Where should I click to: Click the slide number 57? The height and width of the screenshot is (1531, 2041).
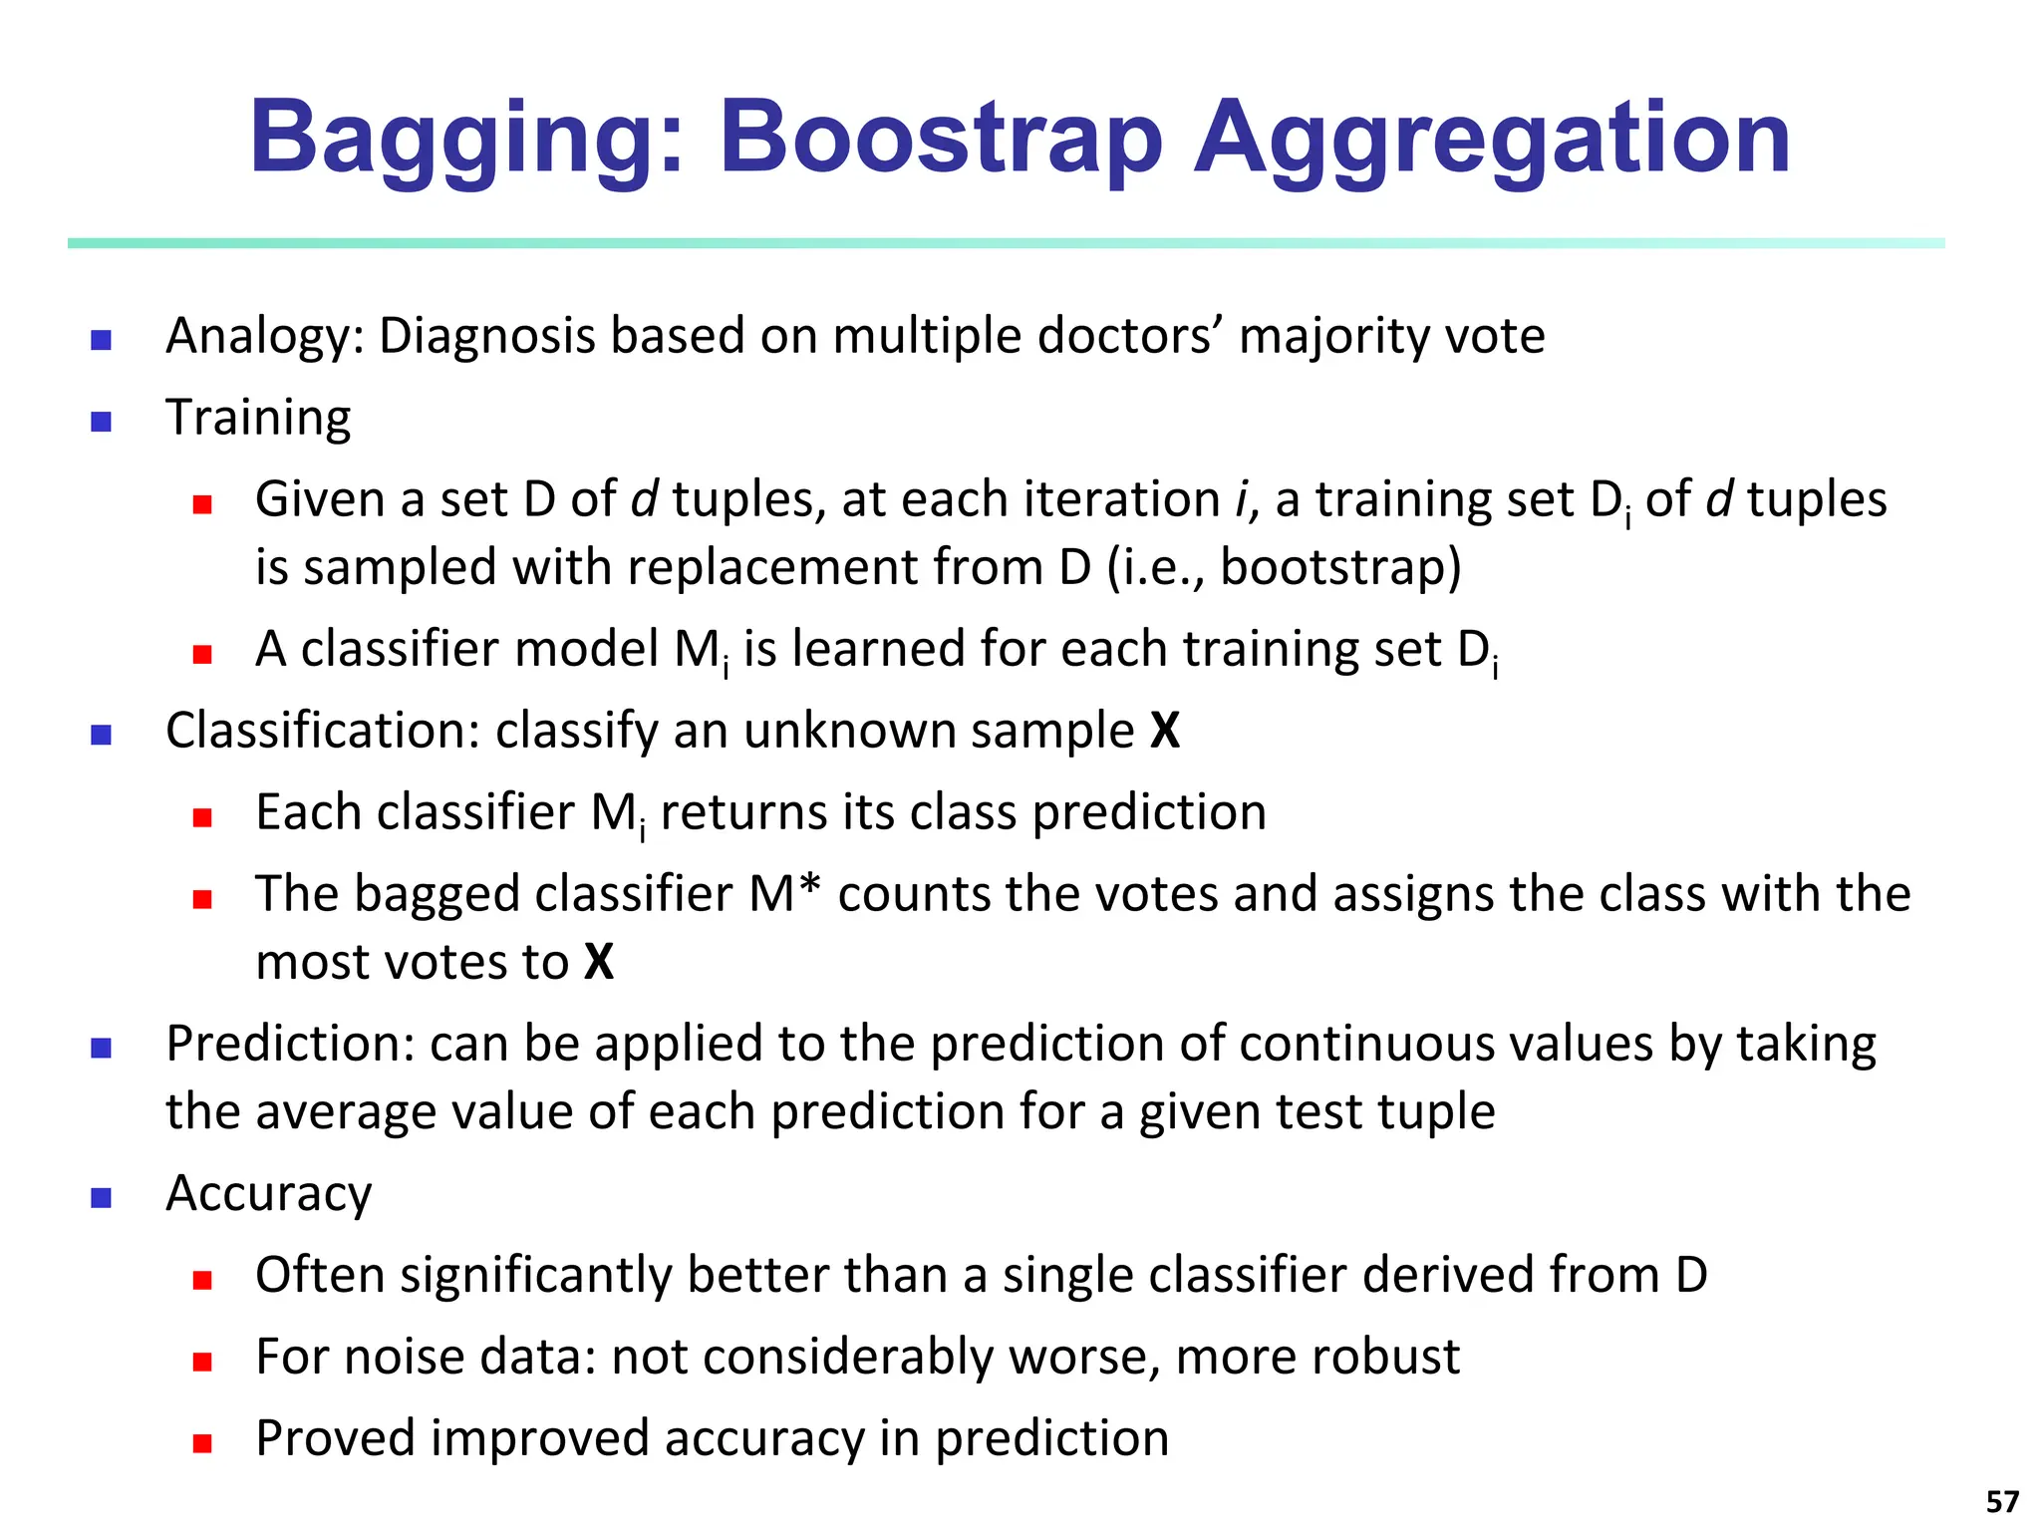(2002, 1501)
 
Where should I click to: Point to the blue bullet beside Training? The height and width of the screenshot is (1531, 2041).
(101, 422)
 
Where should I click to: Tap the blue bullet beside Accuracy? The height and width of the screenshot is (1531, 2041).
(101, 1197)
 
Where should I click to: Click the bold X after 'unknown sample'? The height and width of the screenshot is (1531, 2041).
(1164, 731)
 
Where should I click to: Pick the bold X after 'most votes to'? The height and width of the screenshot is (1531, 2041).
(599, 962)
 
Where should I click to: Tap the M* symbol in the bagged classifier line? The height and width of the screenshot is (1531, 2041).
(784, 893)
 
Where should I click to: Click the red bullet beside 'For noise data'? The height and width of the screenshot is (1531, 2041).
(202, 1362)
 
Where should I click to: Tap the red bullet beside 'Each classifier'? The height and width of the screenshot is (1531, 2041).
(202, 817)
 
